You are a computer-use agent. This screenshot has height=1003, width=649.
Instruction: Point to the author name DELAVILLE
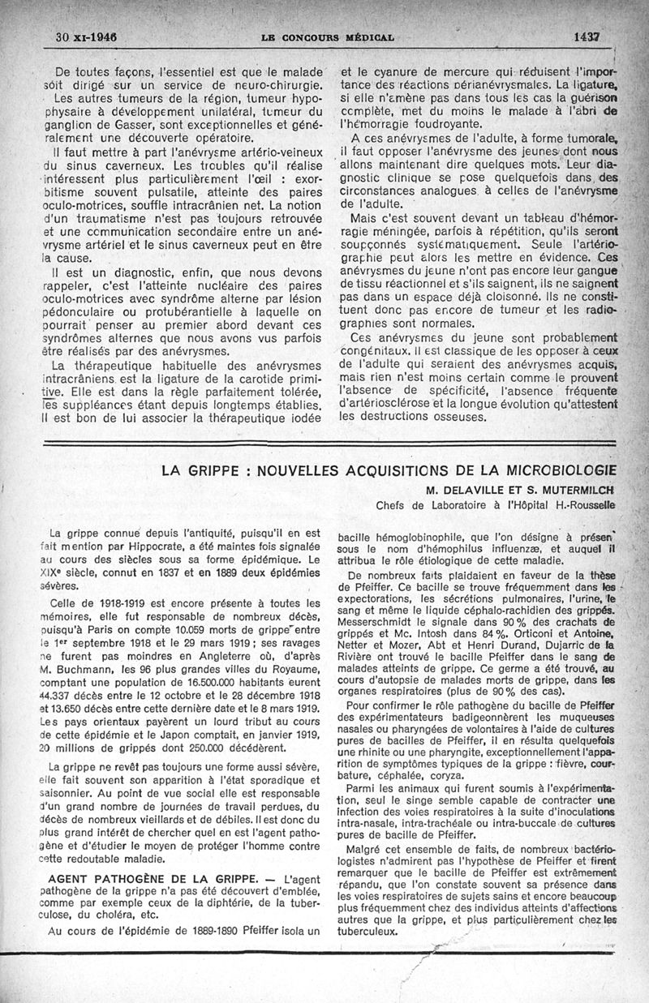[473, 490]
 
